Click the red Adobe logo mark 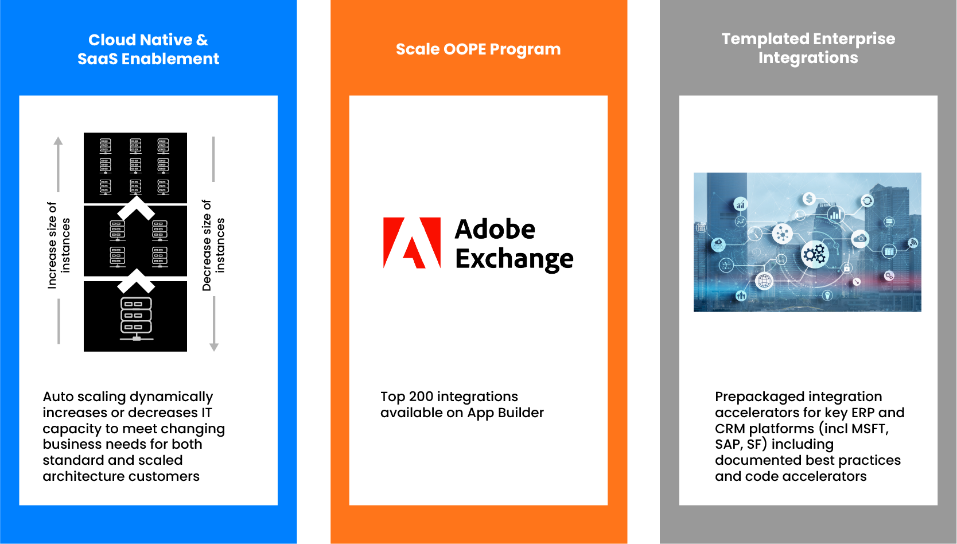[412, 243]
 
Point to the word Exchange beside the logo [515, 259]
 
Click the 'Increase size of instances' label [59, 245]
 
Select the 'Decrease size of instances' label [213, 245]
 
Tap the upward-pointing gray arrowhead [58, 141]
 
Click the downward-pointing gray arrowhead [214, 347]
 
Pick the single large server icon [137, 319]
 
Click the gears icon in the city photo [815, 254]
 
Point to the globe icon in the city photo [764, 281]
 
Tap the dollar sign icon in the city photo [809, 199]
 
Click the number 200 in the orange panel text [421, 397]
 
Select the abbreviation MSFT [870, 429]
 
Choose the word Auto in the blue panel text [57, 397]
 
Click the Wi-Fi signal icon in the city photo [913, 243]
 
